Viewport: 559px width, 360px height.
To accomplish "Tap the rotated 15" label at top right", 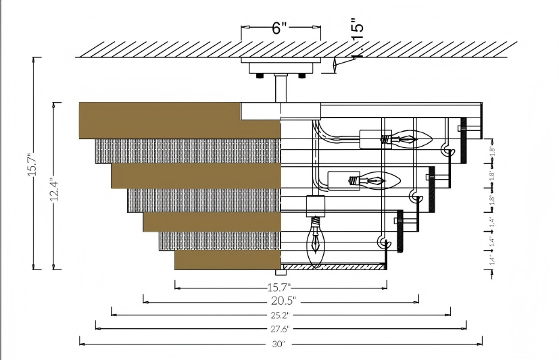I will [x=358, y=26].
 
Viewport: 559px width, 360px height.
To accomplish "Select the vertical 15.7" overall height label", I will [x=31, y=163].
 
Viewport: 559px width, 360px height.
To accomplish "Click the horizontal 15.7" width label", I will [x=281, y=286].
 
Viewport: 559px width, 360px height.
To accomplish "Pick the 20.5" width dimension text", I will [x=281, y=300].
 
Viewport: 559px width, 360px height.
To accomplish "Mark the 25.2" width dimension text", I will [x=281, y=315].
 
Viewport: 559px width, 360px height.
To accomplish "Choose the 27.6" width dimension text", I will [x=281, y=329].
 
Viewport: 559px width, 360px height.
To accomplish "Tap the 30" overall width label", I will [x=281, y=344].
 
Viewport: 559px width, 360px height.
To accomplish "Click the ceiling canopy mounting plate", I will [x=281, y=66].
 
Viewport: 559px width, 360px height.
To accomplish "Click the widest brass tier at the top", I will [x=180, y=120].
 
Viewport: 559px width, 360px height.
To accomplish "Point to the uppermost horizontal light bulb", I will [x=412, y=140].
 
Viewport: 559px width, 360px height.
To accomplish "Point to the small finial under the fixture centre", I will [x=281, y=274].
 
